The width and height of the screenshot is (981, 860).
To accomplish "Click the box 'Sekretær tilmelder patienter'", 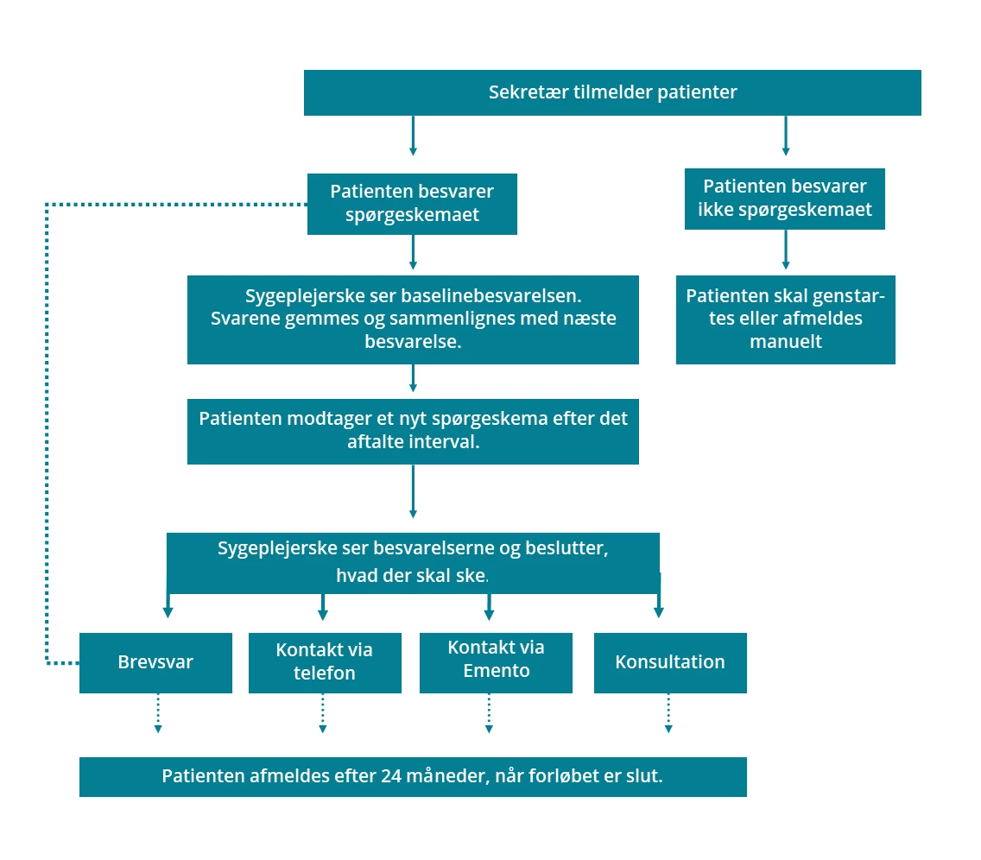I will (x=612, y=92).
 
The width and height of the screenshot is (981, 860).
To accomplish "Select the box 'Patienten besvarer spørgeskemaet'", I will (x=412, y=204).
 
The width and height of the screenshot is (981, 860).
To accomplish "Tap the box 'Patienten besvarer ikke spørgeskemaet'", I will (x=784, y=199).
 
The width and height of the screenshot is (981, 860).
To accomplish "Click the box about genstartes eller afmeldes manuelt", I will (x=785, y=319).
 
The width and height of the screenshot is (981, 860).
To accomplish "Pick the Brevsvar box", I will (x=155, y=662).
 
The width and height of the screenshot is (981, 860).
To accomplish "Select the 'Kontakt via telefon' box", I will (x=325, y=662).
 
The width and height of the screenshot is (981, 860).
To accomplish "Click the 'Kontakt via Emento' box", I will (x=496, y=662).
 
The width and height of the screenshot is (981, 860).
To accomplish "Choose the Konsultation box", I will (x=670, y=662).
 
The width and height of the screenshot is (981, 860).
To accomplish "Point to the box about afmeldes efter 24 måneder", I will (x=413, y=776).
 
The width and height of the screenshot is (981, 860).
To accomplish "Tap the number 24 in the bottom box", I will (x=390, y=776).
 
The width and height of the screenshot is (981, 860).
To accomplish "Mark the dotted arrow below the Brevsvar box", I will (x=158, y=713).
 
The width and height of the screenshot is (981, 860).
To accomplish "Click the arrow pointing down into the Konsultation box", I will (x=659, y=601).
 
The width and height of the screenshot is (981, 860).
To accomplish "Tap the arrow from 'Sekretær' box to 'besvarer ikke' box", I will (x=785, y=136).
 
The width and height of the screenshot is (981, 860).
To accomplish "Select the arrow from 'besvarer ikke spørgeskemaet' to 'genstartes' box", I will (x=785, y=250).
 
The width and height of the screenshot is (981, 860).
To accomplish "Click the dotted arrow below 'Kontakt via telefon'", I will (x=323, y=713).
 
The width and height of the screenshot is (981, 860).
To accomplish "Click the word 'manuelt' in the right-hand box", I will (x=785, y=342).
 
